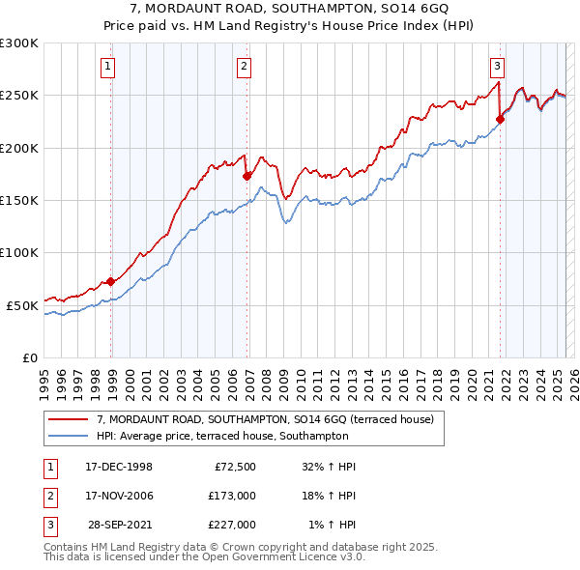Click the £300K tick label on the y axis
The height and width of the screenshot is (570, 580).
click(x=19, y=43)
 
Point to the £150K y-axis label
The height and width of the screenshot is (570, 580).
click(x=19, y=200)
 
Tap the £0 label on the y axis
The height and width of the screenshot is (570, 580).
click(x=29, y=357)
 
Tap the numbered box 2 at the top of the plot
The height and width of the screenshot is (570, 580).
click(x=244, y=67)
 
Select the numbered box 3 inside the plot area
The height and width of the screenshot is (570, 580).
click(x=497, y=67)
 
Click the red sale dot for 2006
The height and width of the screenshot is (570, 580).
click(x=246, y=176)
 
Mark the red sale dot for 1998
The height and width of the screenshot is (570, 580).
click(x=111, y=281)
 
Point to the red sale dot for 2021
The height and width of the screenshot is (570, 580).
click(x=501, y=120)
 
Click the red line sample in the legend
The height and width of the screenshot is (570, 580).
click(x=70, y=419)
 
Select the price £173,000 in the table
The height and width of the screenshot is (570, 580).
click(x=232, y=496)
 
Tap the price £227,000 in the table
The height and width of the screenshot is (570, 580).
click(x=232, y=525)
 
